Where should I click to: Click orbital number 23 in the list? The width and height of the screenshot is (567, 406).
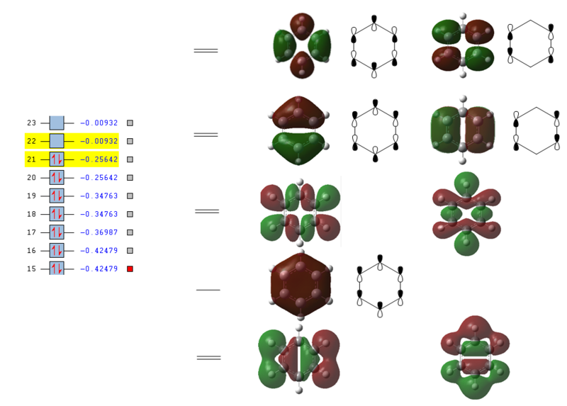[31, 123]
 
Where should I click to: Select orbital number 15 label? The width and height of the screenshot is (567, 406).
[31, 269]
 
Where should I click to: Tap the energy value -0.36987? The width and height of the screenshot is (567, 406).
[99, 232]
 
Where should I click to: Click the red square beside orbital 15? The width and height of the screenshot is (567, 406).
[130, 269]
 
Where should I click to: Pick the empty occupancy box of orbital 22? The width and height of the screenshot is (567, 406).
[57, 141]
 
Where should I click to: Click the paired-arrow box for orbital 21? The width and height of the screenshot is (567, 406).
[57, 159]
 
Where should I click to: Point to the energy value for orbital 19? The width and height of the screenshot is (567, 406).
[99, 196]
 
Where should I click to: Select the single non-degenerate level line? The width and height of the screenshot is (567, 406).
[208, 290]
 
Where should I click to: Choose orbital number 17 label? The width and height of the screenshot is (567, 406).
[31, 232]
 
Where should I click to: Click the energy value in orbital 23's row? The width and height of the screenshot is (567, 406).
[99, 123]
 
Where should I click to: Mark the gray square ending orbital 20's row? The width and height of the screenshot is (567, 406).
[130, 178]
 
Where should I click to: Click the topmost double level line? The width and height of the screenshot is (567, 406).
[206, 50]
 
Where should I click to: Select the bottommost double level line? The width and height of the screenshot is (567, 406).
[208, 358]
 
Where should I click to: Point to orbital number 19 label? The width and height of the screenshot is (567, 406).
[31, 196]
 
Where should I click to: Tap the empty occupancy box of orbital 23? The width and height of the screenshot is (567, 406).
[57, 123]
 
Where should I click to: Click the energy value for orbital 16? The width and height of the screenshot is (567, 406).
[99, 251]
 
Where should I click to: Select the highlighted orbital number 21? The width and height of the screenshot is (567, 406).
[31, 159]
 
